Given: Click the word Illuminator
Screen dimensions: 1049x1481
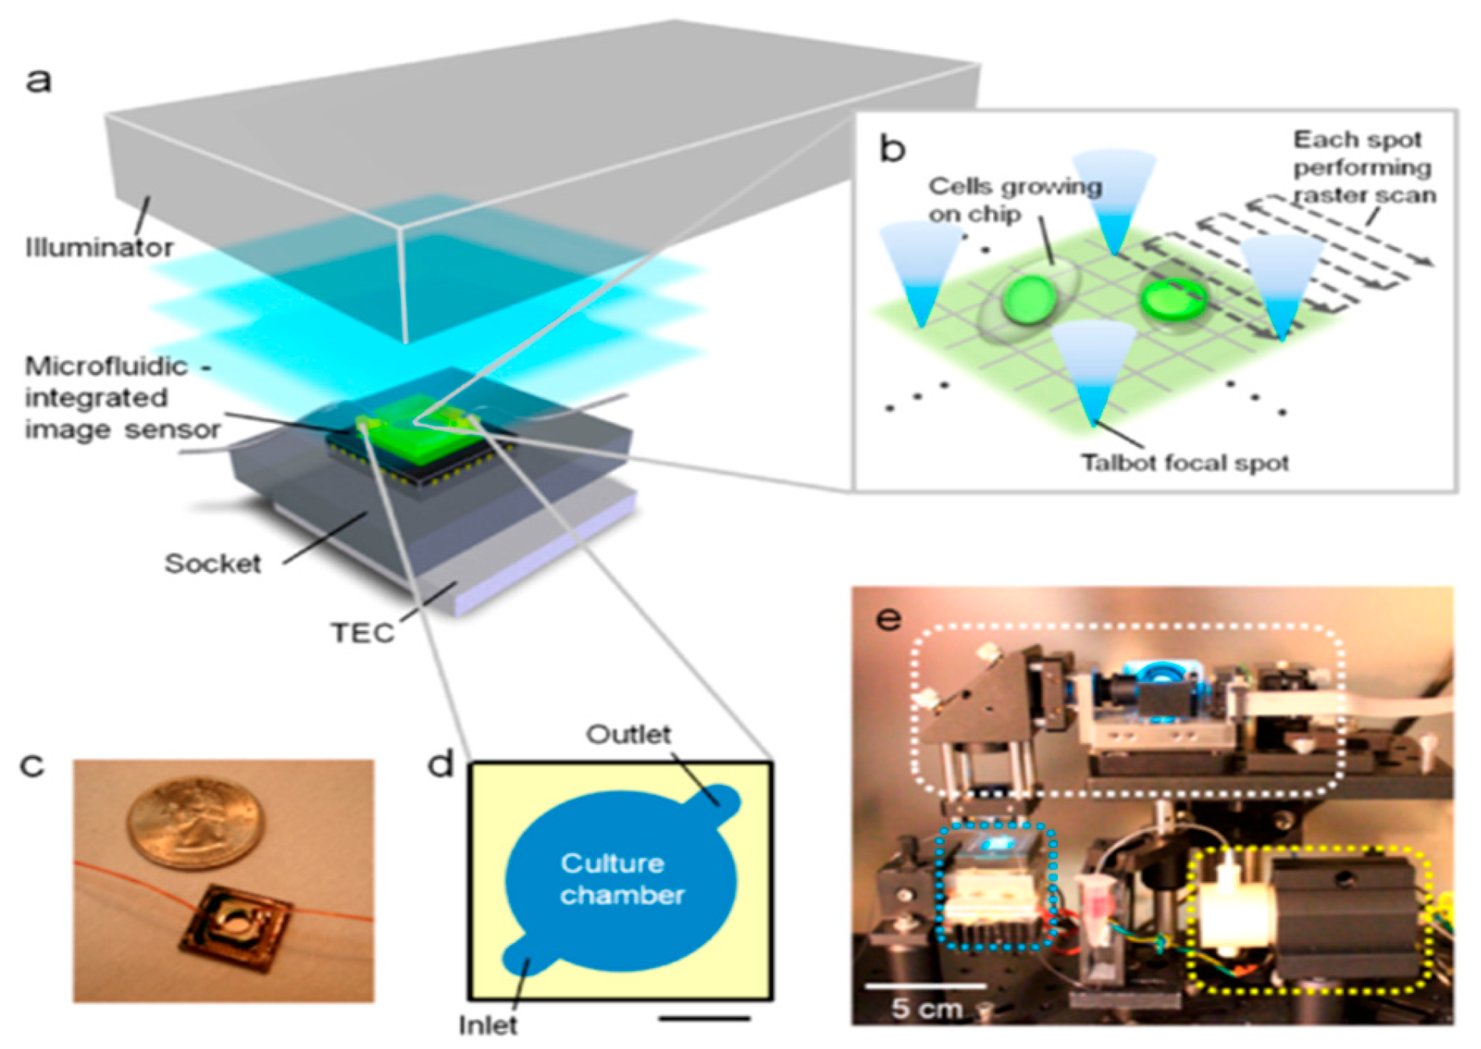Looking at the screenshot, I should coord(99,248).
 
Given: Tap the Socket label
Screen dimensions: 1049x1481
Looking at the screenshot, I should coord(212,563).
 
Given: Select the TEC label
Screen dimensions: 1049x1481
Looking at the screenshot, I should coord(362,632).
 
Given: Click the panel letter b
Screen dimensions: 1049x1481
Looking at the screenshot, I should coord(892,148).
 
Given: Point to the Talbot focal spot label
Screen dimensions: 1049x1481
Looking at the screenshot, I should coord(1184,462).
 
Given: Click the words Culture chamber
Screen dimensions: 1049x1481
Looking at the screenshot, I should coord(621,879).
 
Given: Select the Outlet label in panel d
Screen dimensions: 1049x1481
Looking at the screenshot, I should coord(628,734).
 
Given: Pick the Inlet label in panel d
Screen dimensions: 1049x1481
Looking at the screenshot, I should coord(488,1024).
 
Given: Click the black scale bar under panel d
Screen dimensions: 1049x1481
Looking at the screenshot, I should coord(704,1018).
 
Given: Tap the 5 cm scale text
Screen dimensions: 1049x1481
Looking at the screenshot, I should coord(927,1008).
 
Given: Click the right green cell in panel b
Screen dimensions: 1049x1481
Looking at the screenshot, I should coord(1174,299).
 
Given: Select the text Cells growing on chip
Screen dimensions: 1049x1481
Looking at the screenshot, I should coord(1013,200).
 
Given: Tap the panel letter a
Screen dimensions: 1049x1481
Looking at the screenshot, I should coord(39,80).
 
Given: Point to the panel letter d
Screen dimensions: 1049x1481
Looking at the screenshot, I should coord(440,764).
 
